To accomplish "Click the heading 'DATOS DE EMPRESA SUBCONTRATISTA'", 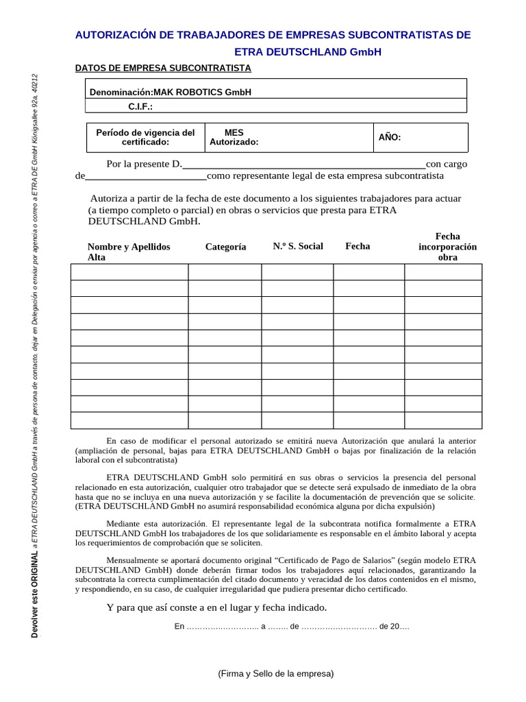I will tap(162, 68).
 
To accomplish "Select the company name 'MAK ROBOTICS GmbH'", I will tap(202, 92).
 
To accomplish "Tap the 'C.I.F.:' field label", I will tap(140, 106).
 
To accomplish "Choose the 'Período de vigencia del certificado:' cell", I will tap(145, 137).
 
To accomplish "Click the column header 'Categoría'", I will tap(225, 247).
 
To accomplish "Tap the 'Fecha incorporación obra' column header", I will tap(447, 247).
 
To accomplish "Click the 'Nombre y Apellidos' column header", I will tap(129, 247).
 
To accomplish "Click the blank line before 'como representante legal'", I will tap(145, 177).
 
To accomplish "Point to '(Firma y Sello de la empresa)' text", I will tap(276, 673).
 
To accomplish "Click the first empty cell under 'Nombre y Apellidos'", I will tap(129, 272).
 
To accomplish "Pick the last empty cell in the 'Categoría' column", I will tap(225, 420).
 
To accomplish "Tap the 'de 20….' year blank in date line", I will tap(393, 627).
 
